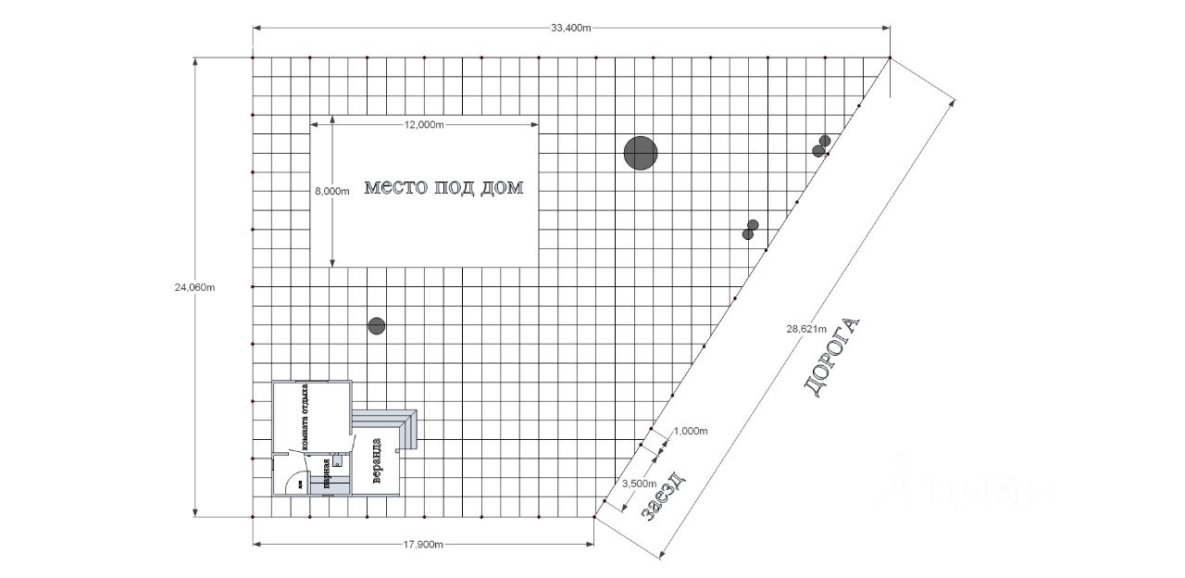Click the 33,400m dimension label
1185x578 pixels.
[x=571, y=28]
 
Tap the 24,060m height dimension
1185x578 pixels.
[x=194, y=287]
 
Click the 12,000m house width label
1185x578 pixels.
[x=424, y=125]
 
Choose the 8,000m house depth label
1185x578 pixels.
[x=332, y=192]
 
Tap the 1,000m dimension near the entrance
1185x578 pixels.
[x=690, y=432]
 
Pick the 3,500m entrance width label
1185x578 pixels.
[x=639, y=484]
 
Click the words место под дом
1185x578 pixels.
[x=443, y=188]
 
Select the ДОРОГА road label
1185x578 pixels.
[x=835, y=358]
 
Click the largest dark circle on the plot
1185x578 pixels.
[x=640, y=153]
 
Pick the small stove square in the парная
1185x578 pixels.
[x=339, y=459]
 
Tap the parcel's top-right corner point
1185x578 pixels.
[x=890, y=57]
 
